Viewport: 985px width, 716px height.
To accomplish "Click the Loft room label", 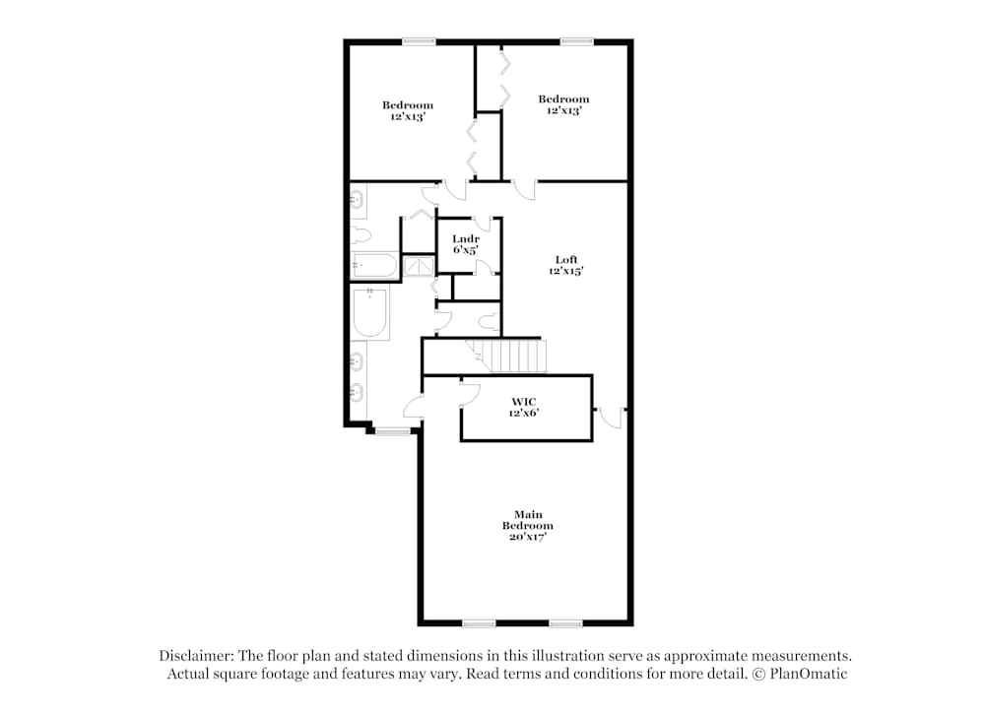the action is (x=566, y=259).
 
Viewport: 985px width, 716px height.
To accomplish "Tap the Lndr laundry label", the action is (x=466, y=238).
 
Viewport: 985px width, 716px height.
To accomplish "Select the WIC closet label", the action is (x=524, y=402).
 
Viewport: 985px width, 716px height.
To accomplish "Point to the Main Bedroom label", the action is (x=528, y=520).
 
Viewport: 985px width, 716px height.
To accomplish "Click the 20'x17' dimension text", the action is (x=528, y=537).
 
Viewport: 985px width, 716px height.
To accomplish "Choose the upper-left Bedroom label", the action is (x=408, y=104).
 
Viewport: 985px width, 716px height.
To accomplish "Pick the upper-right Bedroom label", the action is (x=563, y=98).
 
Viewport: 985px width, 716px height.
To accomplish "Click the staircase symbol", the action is (x=506, y=356).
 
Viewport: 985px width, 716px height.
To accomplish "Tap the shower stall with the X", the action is (x=419, y=266).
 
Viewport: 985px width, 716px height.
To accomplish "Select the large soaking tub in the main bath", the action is (x=369, y=313).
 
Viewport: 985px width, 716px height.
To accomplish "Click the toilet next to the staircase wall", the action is (x=488, y=322).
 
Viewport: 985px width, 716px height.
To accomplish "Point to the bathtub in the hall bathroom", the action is (x=374, y=265).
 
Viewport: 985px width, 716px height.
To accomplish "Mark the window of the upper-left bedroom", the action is (x=419, y=42).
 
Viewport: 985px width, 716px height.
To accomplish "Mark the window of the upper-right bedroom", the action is (x=576, y=42).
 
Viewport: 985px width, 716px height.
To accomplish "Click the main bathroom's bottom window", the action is (x=393, y=430).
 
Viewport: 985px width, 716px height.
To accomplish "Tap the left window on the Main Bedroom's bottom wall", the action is (x=479, y=623).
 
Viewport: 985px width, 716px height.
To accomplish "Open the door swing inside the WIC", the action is (x=471, y=393).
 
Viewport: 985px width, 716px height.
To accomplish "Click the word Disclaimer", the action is (x=196, y=656).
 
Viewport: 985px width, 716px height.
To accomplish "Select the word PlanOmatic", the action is (x=809, y=674).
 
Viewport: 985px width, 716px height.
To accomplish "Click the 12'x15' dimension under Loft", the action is (x=566, y=271).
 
